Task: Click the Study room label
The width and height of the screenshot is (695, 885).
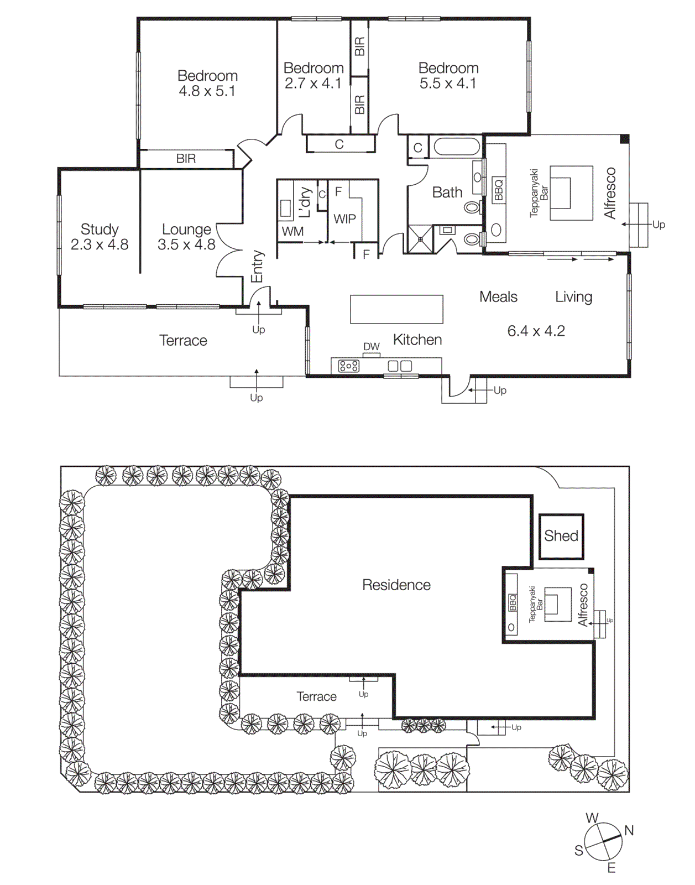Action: pyautogui.click(x=100, y=229)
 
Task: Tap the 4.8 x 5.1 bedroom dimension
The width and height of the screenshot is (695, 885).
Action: pyautogui.click(x=207, y=91)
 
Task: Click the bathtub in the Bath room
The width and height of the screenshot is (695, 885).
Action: pyautogui.click(x=457, y=147)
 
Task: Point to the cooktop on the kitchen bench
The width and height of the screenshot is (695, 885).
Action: pyautogui.click(x=348, y=366)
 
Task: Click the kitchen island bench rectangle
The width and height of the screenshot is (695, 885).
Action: pyautogui.click(x=396, y=309)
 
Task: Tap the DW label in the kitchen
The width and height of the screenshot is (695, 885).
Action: pyautogui.click(x=371, y=347)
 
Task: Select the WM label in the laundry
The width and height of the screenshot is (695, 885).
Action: pyautogui.click(x=292, y=232)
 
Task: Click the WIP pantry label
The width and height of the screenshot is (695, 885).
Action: pyautogui.click(x=344, y=219)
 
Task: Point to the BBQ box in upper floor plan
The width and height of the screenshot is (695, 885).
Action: pyautogui.click(x=499, y=190)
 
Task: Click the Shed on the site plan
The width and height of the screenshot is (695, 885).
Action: pyautogui.click(x=561, y=536)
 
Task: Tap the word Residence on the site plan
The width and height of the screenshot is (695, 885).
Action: pyautogui.click(x=396, y=585)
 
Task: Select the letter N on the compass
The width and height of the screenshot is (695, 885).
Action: pyautogui.click(x=629, y=830)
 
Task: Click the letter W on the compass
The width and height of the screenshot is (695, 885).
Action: pyautogui.click(x=592, y=818)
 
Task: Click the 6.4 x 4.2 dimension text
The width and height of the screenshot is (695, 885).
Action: pyautogui.click(x=536, y=331)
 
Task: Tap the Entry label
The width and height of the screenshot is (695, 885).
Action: pyautogui.click(x=257, y=266)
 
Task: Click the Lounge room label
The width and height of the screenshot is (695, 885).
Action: pyautogui.click(x=186, y=229)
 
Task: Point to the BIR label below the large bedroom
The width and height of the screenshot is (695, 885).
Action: pyautogui.click(x=186, y=159)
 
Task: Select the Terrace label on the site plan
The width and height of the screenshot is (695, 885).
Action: pyautogui.click(x=316, y=696)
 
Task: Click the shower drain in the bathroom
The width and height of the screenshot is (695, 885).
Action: pyautogui.click(x=420, y=240)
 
